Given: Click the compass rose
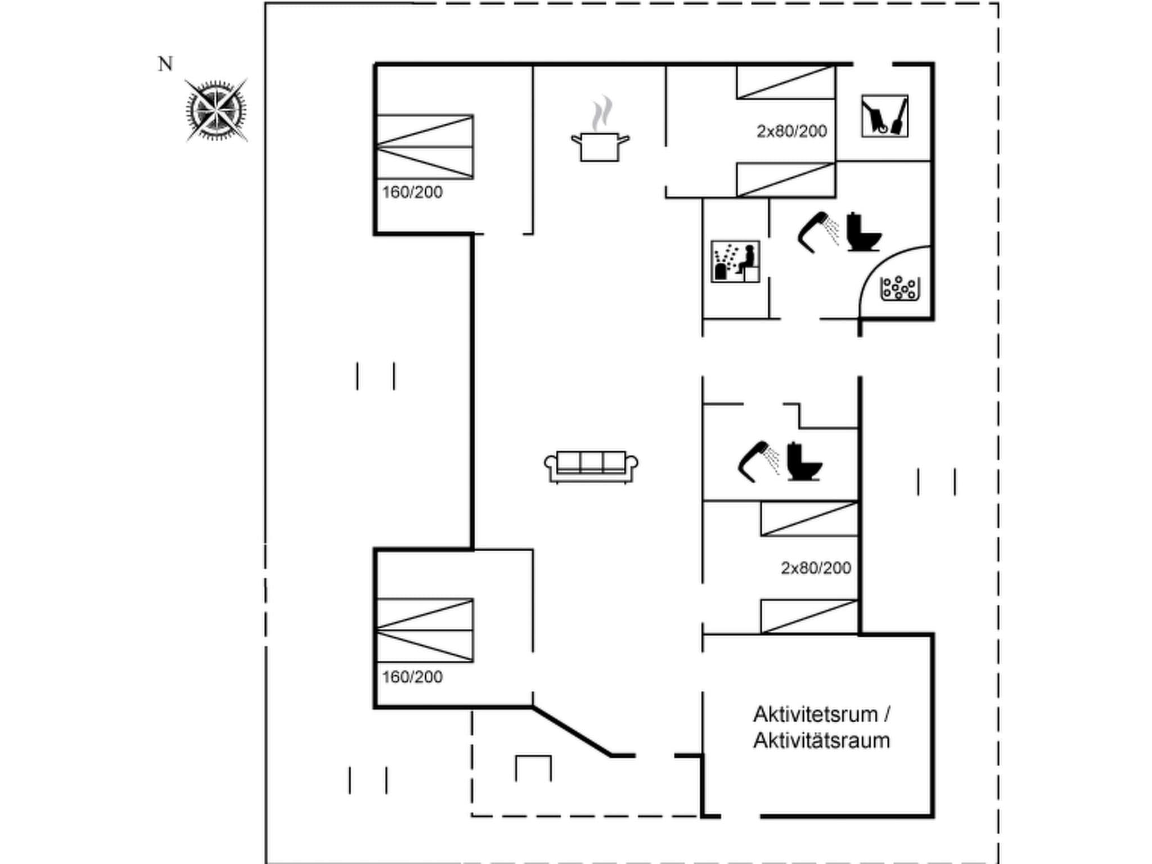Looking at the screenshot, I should [216, 110].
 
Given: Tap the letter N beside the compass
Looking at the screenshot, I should [165, 64].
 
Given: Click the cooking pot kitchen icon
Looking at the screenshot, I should [600, 135].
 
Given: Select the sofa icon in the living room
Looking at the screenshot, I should [591, 466].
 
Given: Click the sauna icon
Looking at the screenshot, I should [735, 262].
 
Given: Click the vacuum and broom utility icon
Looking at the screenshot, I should [884, 116].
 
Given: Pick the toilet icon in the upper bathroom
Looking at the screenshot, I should [863, 232].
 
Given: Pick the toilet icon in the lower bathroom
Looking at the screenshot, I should [803, 462].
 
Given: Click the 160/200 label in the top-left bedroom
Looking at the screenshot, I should [412, 192].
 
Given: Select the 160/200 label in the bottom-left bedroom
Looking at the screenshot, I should [412, 677].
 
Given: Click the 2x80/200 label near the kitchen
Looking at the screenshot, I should [791, 131].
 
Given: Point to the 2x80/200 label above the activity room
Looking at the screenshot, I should [816, 568].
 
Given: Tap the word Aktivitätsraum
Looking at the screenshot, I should [821, 741].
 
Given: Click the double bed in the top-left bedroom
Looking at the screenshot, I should [425, 147].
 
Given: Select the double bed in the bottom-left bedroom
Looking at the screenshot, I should [425, 631].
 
